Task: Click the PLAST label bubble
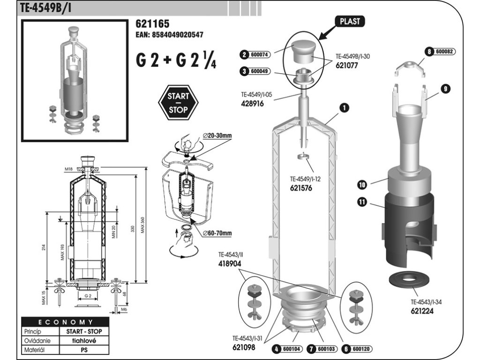(x=350, y=22)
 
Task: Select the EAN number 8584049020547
(x=169, y=35)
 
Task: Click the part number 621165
(x=152, y=24)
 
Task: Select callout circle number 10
(x=362, y=185)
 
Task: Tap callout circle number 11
(x=362, y=202)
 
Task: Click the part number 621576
(x=300, y=188)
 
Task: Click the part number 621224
(x=423, y=310)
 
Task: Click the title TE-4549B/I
(x=46, y=8)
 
